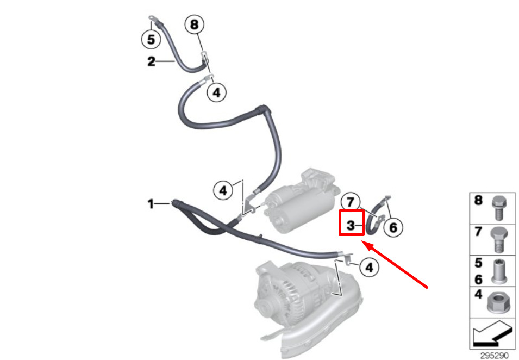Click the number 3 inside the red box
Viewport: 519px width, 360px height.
click(351, 224)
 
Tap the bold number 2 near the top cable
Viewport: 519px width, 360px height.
click(151, 61)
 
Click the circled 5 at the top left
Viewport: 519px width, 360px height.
click(151, 39)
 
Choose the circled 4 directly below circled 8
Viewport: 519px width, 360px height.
click(216, 92)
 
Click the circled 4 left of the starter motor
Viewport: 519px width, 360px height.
click(222, 190)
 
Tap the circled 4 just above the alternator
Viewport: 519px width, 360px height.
click(369, 267)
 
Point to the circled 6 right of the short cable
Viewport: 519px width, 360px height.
click(393, 227)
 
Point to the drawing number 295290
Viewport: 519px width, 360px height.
click(494, 355)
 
